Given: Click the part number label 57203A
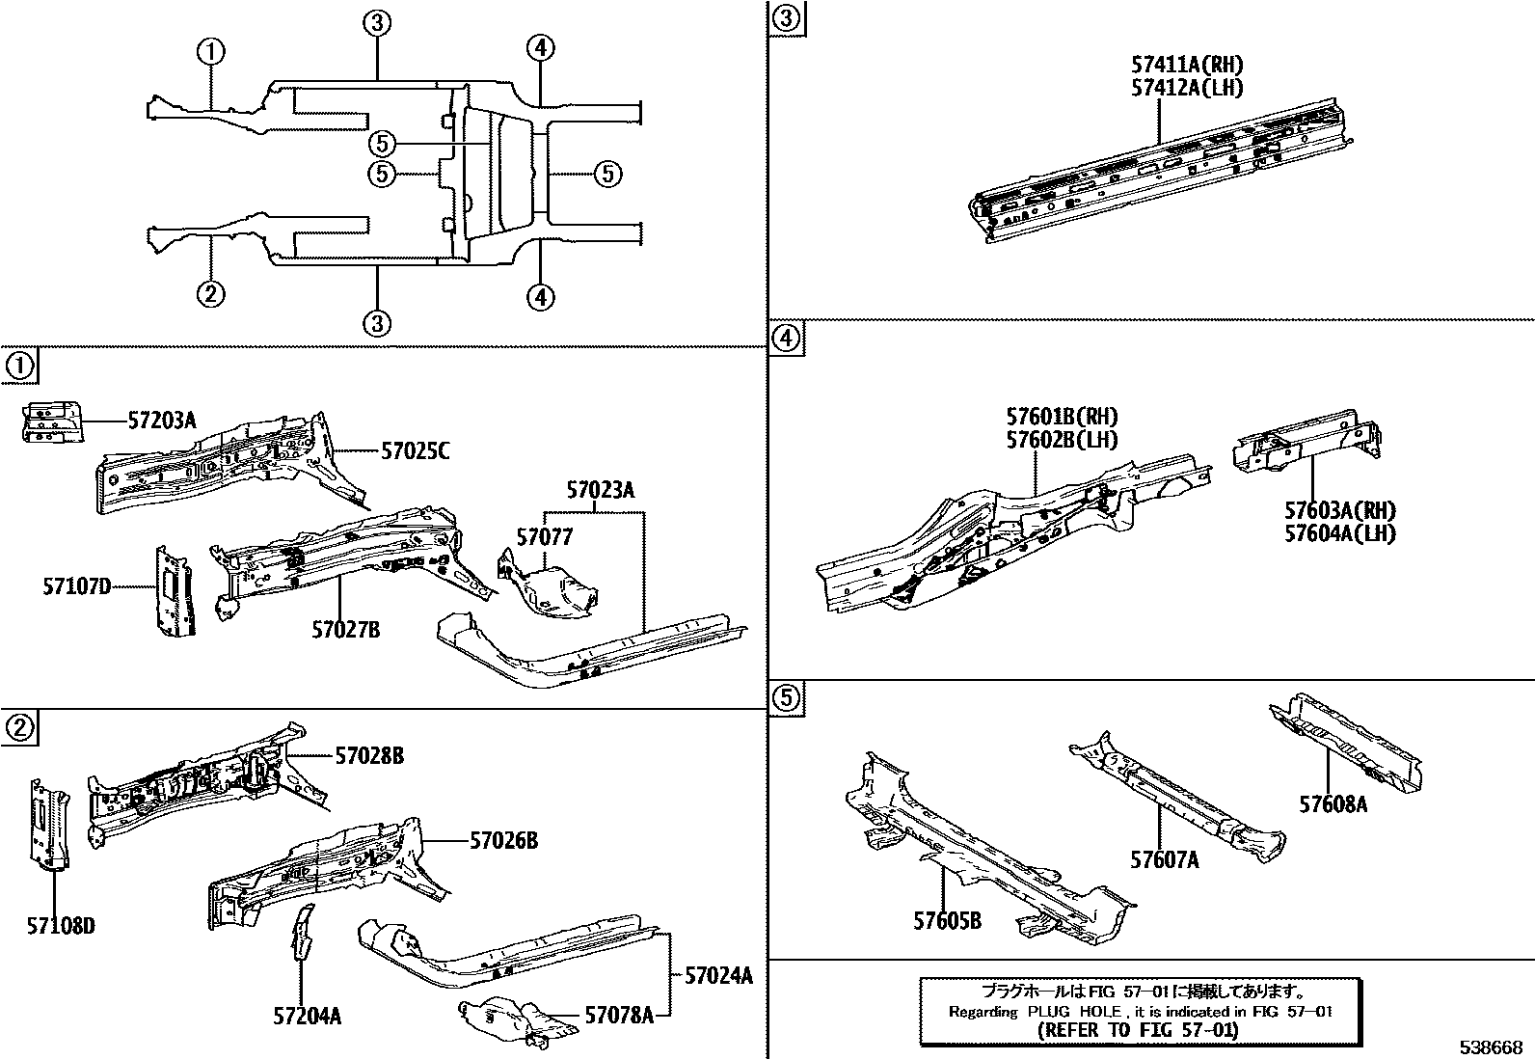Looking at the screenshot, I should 162,421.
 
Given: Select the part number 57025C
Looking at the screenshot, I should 416,450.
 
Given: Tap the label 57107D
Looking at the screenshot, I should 77,585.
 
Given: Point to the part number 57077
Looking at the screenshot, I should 544,537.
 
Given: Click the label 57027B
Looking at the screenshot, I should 345,630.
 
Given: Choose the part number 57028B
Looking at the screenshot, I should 369,756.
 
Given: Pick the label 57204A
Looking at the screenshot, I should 308,1016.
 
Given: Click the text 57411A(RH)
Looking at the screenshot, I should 1187,66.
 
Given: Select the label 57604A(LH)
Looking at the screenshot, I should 1339,533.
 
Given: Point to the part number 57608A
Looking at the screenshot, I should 1333,803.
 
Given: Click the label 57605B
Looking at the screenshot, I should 947,921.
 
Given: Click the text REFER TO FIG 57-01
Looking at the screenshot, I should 1139,1029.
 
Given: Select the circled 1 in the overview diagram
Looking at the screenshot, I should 211,52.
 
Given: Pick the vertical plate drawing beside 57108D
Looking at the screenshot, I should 48,826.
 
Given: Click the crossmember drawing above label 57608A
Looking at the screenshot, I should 1350,739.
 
